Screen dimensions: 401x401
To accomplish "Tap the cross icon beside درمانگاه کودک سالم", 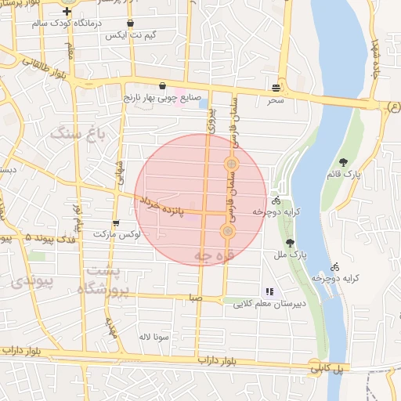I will [67, 12].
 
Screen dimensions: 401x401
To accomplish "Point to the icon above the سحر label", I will [275, 88].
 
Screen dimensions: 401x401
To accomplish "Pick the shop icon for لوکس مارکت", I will [116, 223].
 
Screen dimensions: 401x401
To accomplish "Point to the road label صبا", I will [195, 298].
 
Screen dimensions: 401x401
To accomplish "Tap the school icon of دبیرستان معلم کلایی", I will [271, 291].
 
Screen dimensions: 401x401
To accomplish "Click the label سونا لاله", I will [149, 337].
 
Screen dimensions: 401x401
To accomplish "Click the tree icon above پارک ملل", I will [291, 243].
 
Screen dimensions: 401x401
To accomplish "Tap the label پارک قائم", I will [369, 174].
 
